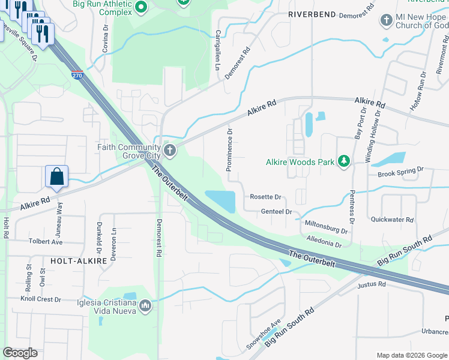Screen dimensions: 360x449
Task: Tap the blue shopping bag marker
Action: point(56,177)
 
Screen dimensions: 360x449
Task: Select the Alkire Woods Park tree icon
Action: point(344,161)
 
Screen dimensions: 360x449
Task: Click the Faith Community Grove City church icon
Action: point(170,149)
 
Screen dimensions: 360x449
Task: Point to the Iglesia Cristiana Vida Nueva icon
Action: point(145,307)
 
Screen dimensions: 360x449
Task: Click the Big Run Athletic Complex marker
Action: point(141,7)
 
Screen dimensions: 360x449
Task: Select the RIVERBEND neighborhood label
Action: point(312,13)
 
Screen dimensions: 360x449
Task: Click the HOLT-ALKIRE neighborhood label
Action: point(79,261)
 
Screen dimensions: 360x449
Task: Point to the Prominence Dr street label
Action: point(229,149)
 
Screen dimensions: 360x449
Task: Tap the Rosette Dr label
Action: point(265,197)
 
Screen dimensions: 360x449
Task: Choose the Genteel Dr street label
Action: point(276,212)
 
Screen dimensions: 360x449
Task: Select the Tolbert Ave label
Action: point(46,242)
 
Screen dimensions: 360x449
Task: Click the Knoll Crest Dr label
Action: point(41,299)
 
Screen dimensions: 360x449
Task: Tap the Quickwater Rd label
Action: point(392,220)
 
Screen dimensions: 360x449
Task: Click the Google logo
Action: point(20,353)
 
